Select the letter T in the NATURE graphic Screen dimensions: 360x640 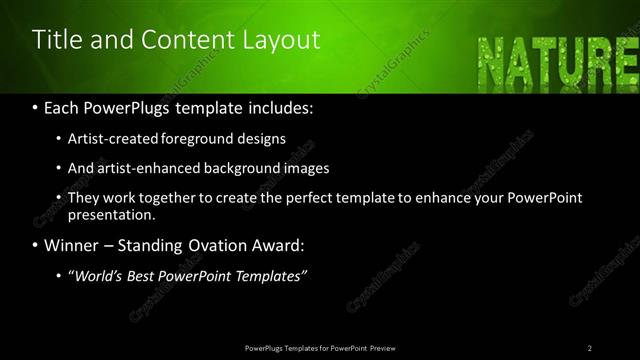551,59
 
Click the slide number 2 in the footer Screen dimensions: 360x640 589,347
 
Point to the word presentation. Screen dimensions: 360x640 111,214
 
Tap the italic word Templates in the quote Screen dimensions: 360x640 264,274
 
